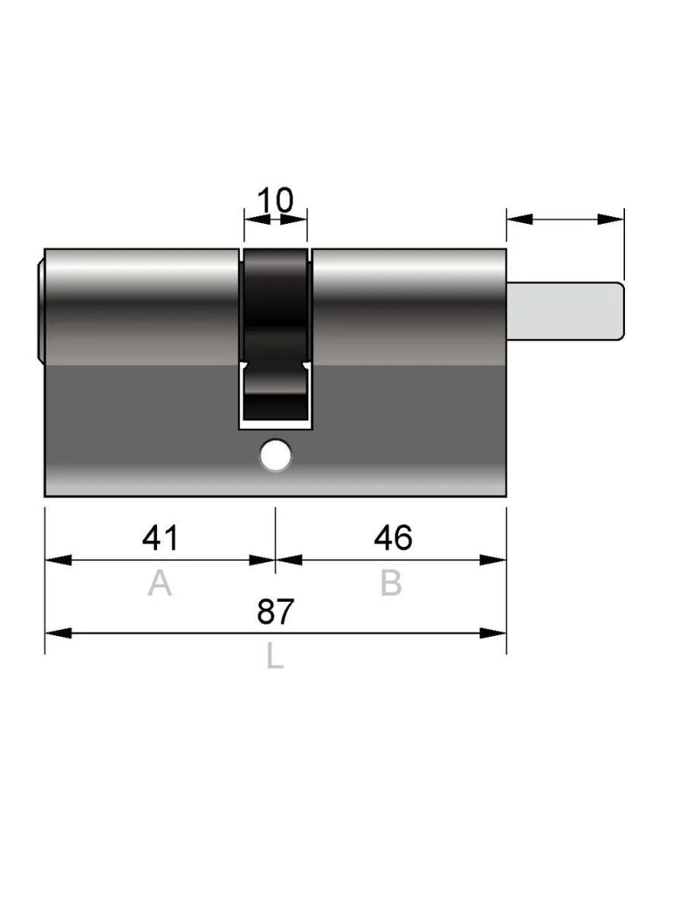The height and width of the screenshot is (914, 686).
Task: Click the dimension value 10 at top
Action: coord(275,200)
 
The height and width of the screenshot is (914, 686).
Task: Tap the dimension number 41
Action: coord(160,538)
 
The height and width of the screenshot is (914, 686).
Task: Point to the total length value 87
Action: coord(275,612)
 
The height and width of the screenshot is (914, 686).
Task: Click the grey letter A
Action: coord(159,583)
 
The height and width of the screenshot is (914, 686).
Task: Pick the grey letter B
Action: coord(391,583)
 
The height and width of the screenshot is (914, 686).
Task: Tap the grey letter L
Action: coord(275,656)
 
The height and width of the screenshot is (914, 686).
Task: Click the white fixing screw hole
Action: coord(275,455)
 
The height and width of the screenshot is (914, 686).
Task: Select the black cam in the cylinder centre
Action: coord(275,333)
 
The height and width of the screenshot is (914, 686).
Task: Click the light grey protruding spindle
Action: coord(566,311)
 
